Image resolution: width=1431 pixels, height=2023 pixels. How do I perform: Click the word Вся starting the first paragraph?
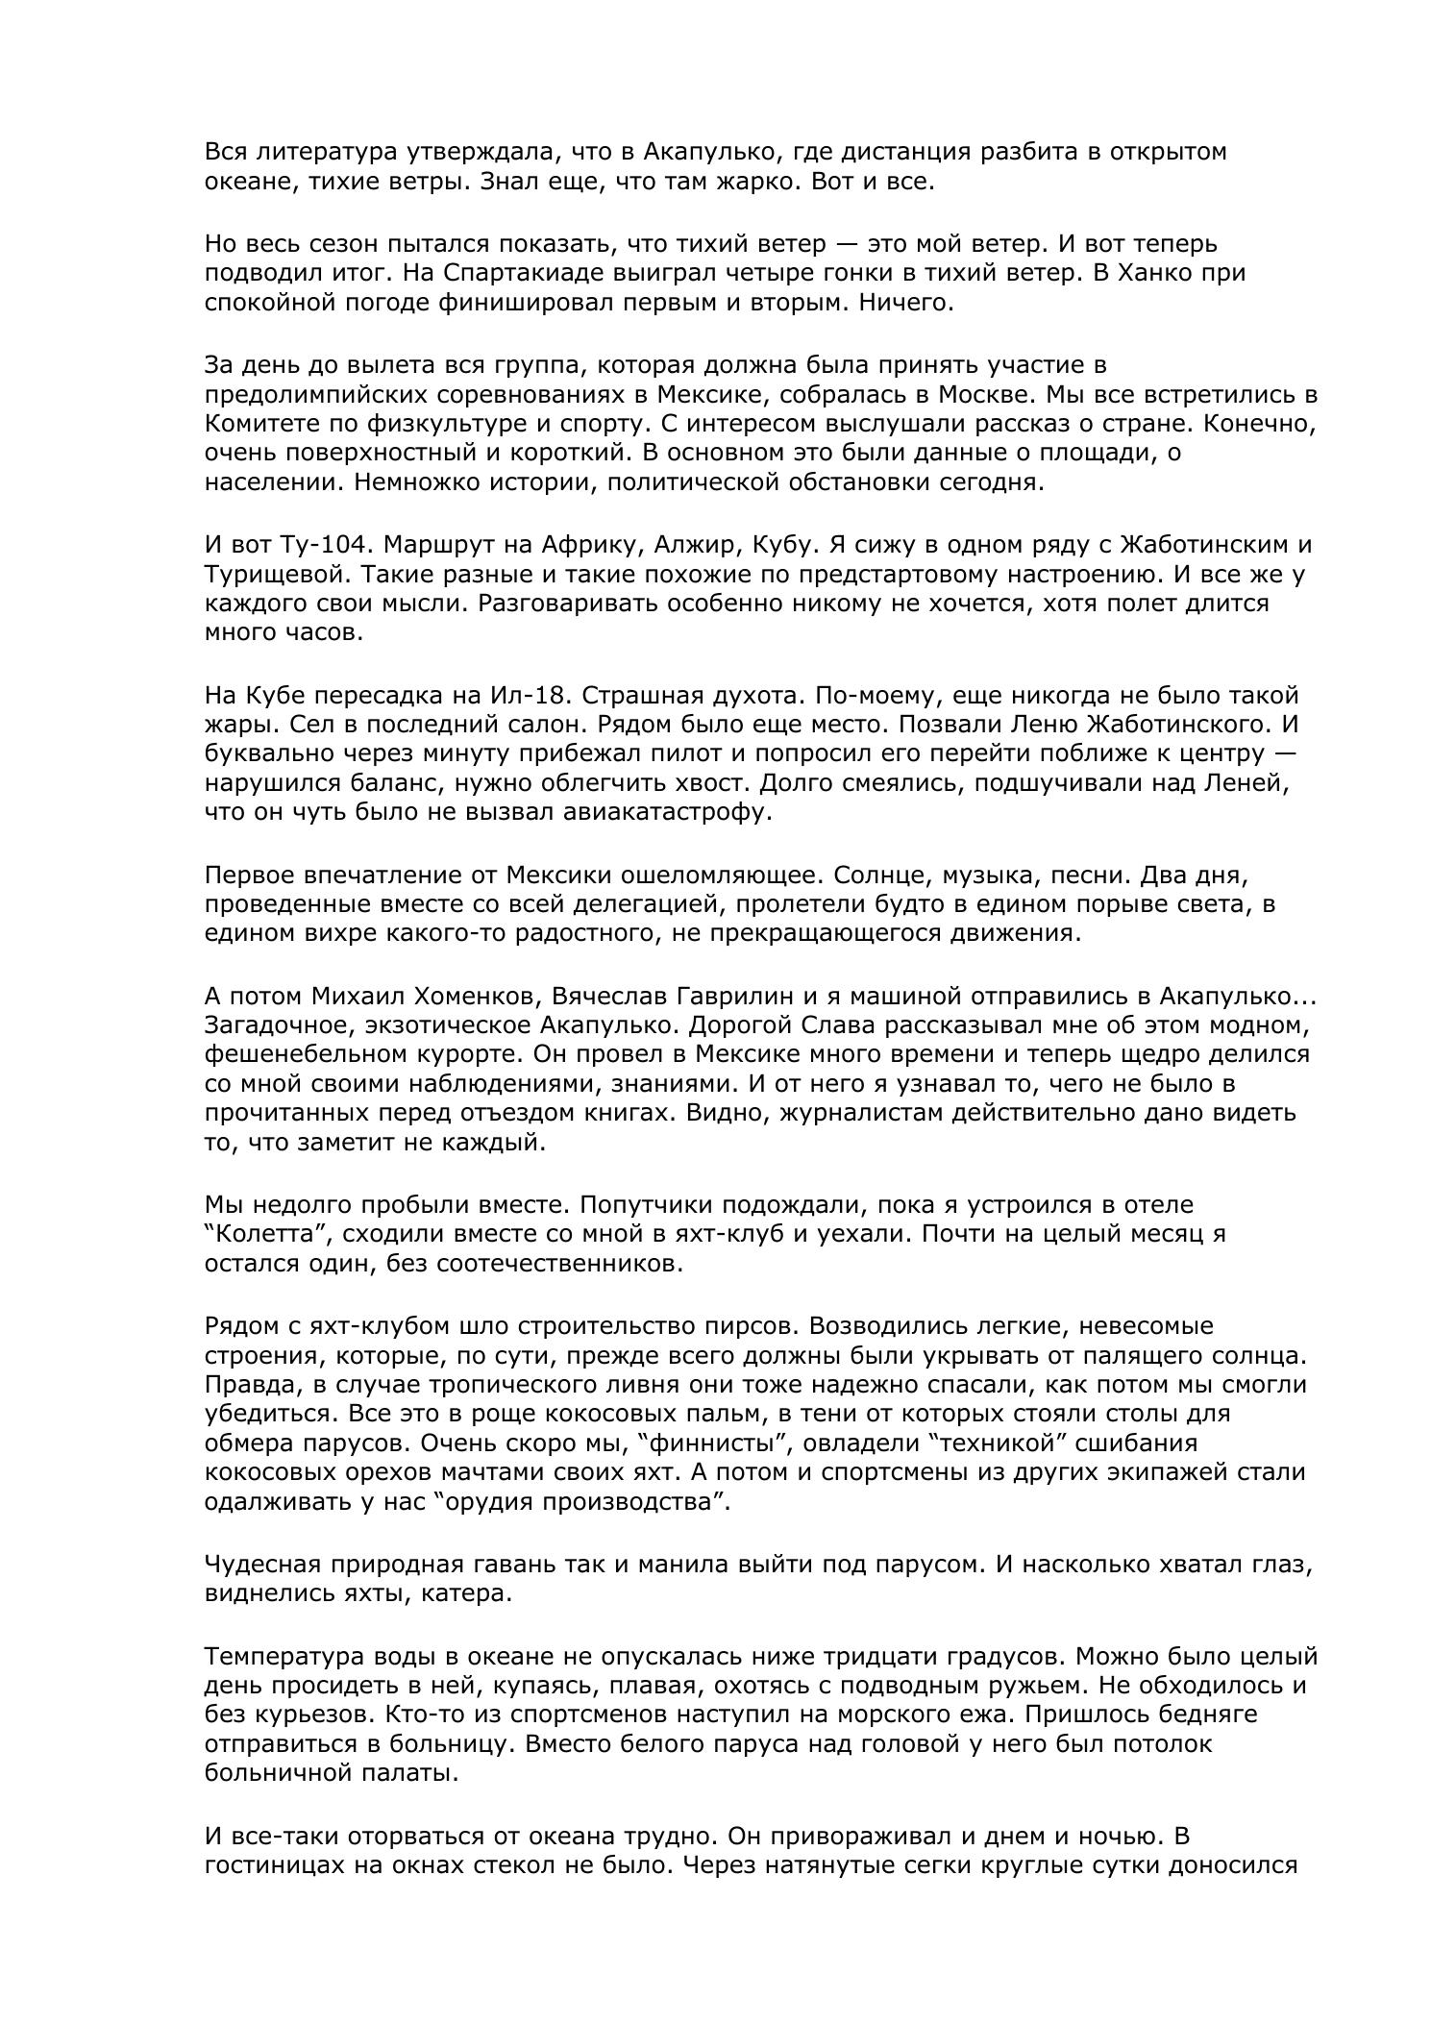point(227,152)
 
